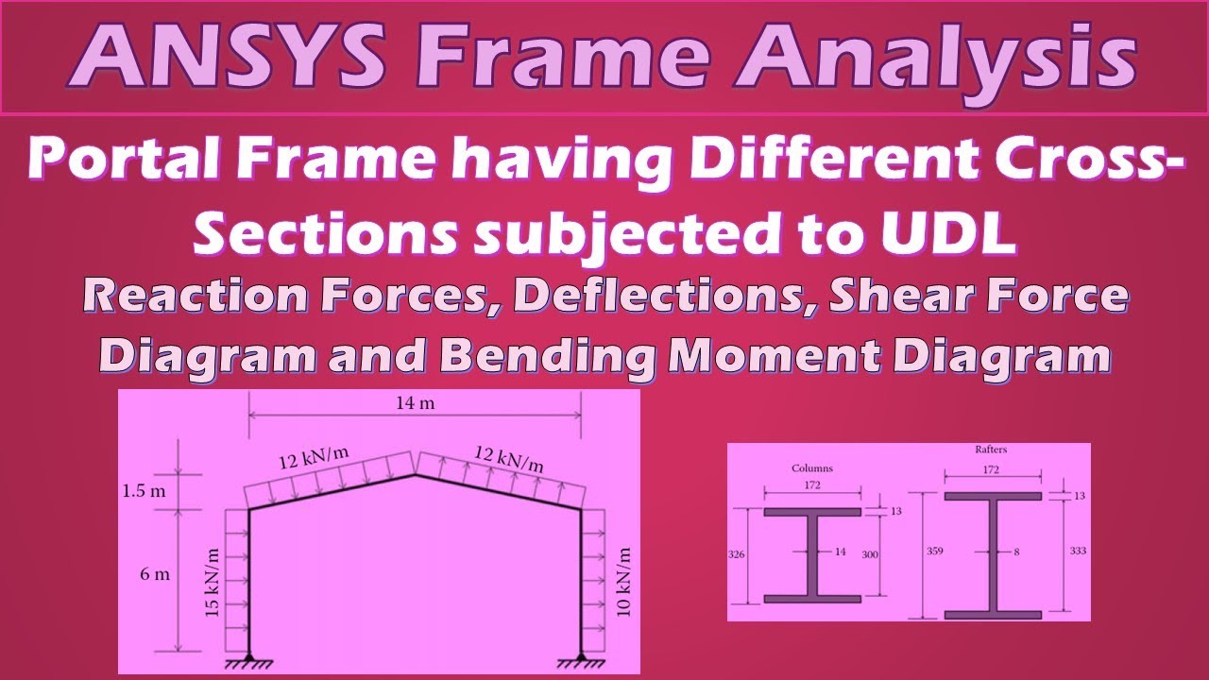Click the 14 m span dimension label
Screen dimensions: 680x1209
[415, 404]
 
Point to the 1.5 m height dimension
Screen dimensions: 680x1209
[144, 491]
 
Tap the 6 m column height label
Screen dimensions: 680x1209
[156, 574]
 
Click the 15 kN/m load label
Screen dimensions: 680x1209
[213, 583]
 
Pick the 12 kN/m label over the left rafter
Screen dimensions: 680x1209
[313, 458]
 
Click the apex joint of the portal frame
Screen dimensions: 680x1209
[416, 475]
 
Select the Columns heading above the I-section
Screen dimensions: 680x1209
[811, 467]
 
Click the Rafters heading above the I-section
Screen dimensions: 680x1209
[991, 450]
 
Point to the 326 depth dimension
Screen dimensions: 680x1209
[738, 555]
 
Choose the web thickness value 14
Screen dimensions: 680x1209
[841, 553]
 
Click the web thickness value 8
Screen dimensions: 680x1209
[1016, 553]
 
